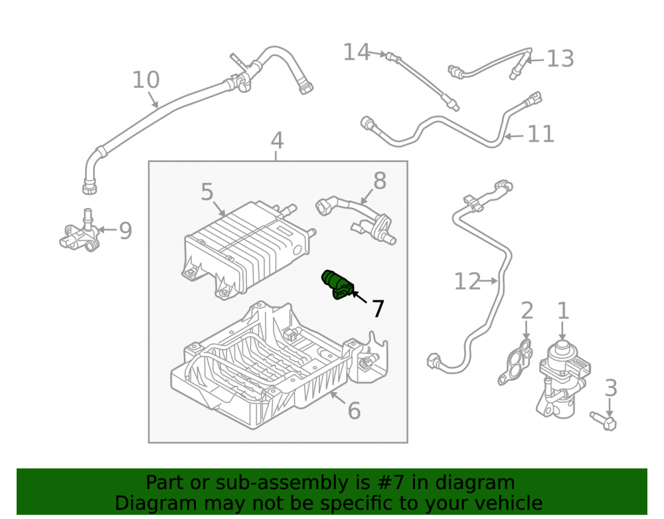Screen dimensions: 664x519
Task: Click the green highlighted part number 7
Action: [x=337, y=284]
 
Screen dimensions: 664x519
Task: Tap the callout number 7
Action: [x=378, y=308]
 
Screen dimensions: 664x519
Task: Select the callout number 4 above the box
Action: [x=277, y=140]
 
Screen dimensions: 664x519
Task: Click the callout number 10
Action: [x=146, y=80]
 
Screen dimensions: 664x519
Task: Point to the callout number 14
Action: [x=357, y=52]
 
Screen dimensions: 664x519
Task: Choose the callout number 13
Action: [x=560, y=58]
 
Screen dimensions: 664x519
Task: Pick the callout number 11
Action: [x=540, y=134]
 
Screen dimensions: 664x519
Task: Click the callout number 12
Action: [x=467, y=281]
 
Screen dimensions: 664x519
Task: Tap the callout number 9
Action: [x=125, y=231]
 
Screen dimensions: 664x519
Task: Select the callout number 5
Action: [x=207, y=192]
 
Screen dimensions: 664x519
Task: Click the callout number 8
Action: [x=380, y=181]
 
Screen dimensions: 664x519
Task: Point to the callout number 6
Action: [x=354, y=411]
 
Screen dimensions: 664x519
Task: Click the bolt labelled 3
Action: [x=604, y=419]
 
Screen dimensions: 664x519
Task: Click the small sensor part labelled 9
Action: [x=80, y=233]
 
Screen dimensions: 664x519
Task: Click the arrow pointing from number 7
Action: [x=360, y=298]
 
